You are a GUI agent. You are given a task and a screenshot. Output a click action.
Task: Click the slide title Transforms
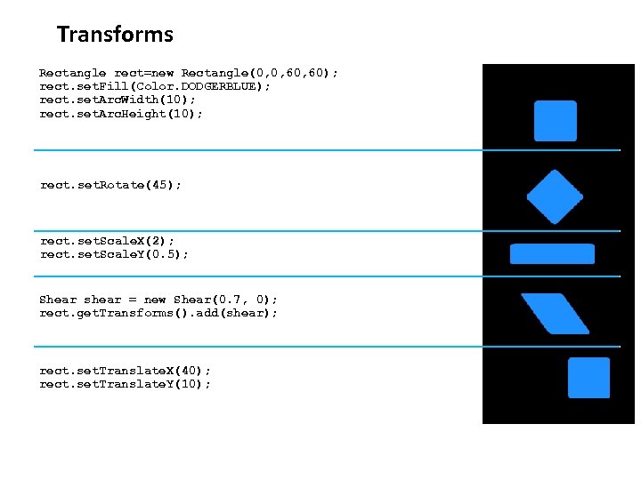pyautogui.click(x=115, y=35)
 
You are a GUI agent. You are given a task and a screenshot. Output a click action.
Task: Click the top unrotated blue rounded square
pyautogui.click(x=555, y=121)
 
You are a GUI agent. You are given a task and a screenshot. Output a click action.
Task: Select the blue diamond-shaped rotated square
pyautogui.click(x=555, y=196)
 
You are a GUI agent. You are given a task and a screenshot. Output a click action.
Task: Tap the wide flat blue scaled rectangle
pyautogui.click(x=552, y=253)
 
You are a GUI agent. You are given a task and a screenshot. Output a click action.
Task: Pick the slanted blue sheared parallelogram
pyautogui.click(x=555, y=313)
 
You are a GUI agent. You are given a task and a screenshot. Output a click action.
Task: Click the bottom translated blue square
pyautogui.click(x=588, y=378)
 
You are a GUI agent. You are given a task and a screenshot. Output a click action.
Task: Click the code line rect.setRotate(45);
pyautogui.click(x=110, y=185)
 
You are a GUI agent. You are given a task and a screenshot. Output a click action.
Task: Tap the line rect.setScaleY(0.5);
pyautogui.click(x=114, y=254)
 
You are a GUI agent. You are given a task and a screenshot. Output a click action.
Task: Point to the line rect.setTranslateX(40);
pyautogui.click(x=126, y=370)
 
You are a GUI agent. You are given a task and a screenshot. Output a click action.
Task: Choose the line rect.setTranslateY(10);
pyautogui.click(x=126, y=384)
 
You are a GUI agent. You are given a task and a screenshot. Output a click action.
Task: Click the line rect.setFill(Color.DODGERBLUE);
pyautogui.click(x=155, y=86)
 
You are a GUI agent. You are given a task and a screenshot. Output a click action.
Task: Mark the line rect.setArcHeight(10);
pyautogui.click(x=121, y=114)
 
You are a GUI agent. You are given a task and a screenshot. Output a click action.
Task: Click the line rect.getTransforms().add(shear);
pyautogui.click(x=158, y=313)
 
